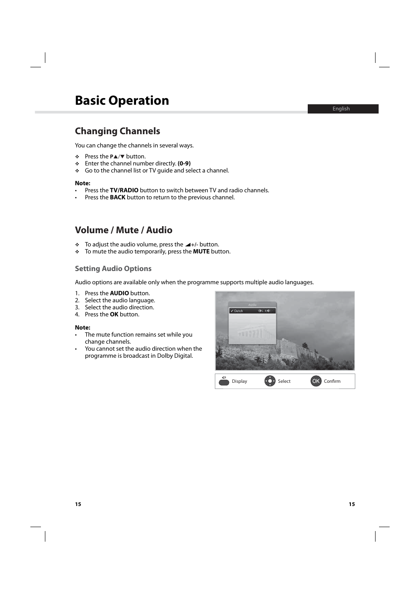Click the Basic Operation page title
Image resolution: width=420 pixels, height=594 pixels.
[x=122, y=101]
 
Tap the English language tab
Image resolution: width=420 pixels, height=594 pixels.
[x=341, y=109]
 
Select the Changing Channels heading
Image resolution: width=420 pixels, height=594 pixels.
[x=118, y=131]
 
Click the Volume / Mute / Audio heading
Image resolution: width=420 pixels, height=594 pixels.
[x=124, y=230]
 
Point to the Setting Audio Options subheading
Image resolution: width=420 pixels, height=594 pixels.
[x=113, y=269]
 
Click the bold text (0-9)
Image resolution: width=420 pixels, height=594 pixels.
[x=184, y=164]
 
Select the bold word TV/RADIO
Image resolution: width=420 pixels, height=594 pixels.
[x=124, y=191]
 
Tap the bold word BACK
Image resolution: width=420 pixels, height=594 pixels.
[x=118, y=198]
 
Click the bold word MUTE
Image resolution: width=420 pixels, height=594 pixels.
[x=201, y=252]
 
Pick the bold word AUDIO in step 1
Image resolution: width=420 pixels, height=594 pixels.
[x=119, y=293]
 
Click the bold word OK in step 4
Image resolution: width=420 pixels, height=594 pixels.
[x=114, y=315]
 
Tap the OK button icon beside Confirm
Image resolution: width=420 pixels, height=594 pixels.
[x=316, y=381]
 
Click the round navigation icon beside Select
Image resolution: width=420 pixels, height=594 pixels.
[x=270, y=381]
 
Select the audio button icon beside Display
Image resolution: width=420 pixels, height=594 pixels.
[x=224, y=381]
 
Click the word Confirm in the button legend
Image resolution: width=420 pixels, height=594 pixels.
[x=332, y=381]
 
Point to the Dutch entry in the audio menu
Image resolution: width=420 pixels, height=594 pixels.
[x=239, y=311]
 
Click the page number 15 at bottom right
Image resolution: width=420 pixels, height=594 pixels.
[x=352, y=504]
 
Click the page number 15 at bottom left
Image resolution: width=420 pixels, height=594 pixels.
[x=78, y=504]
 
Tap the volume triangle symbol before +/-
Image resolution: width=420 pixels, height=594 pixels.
[x=188, y=245]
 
